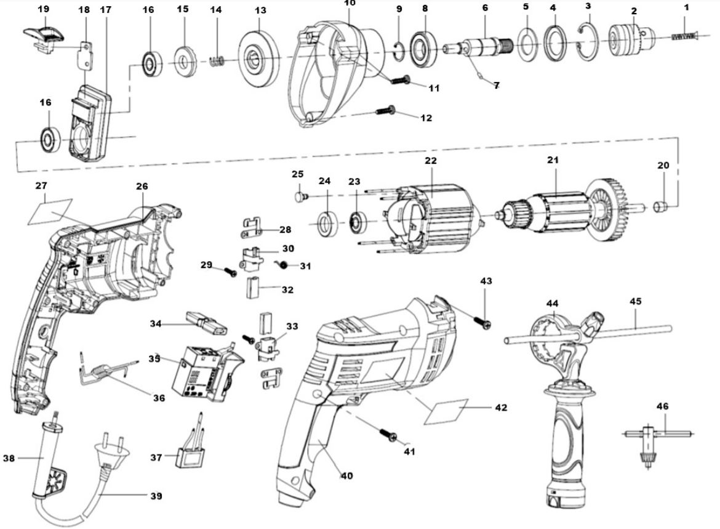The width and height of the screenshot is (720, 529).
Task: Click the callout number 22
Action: pyautogui.click(x=430, y=160)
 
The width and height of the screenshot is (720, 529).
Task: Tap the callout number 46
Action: pyautogui.click(x=662, y=406)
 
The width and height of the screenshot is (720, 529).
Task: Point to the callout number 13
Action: pyautogui.click(x=260, y=11)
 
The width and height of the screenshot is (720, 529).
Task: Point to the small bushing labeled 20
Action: pyautogui.click(x=662, y=204)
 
